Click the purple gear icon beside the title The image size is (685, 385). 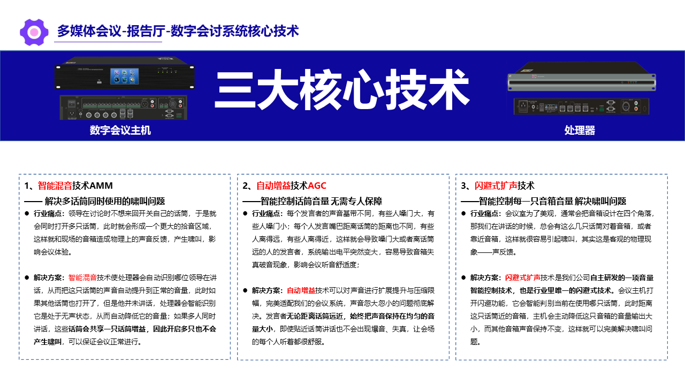[34, 32]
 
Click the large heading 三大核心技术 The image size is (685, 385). [342, 89]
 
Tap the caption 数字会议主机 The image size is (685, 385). [120, 130]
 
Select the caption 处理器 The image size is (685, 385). [580, 130]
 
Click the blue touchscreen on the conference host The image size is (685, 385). [125, 76]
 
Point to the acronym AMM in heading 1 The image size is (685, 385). [101, 186]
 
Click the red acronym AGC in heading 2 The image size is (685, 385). [317, 186]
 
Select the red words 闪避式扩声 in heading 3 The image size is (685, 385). [496, 186]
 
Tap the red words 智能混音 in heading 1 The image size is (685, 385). [55, 186]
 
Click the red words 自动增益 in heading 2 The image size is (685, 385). [273, 186]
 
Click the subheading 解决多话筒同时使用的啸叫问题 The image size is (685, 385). [105, 201]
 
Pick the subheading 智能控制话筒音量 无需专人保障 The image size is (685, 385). [321, 201]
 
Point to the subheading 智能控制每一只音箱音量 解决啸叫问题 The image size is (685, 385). [552, 201]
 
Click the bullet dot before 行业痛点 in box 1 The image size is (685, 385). [27, 213]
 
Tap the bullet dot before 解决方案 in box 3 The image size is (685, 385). [463, 278]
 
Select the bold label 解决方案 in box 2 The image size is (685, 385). [266, 290]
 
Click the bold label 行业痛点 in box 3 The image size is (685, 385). [484, 213]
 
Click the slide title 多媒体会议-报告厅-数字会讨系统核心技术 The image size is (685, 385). [178, 31]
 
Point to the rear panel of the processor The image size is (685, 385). [581, 106]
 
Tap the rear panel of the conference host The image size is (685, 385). [123, 107]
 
